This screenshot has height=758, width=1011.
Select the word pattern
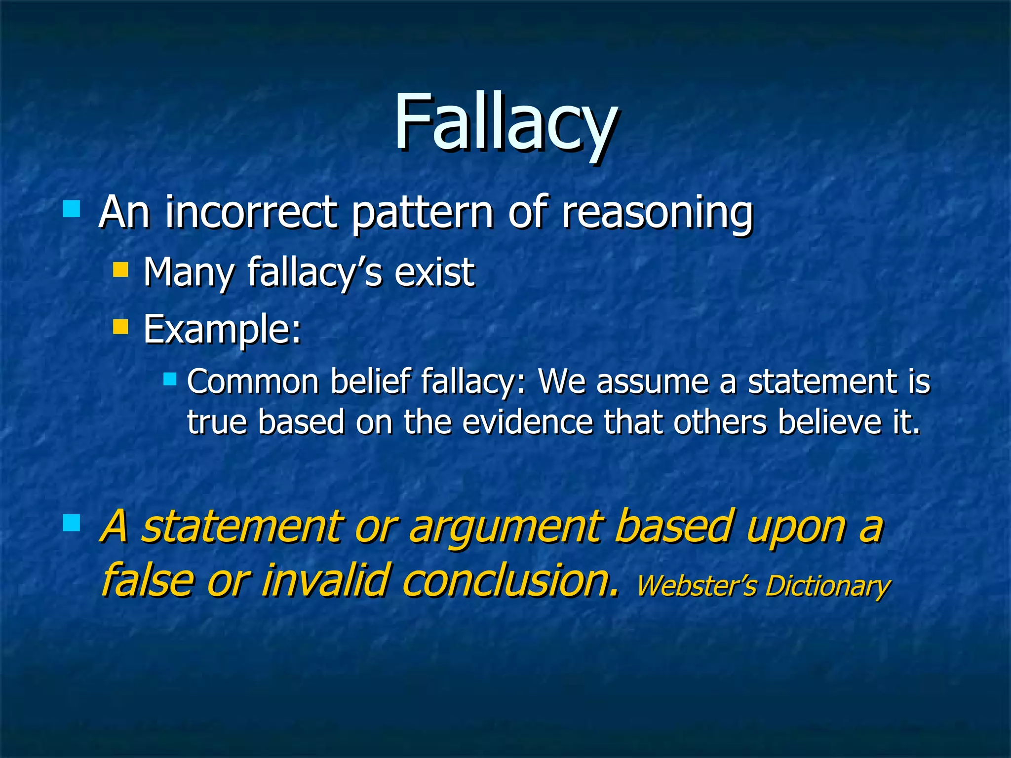coord(422,213)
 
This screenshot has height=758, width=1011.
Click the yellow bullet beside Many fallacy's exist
coord(120,270)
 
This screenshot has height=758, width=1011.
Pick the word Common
coord(253,382)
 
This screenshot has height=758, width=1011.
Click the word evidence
coord(527,422)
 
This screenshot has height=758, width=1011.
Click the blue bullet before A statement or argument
coord(72,523)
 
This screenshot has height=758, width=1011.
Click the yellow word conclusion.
coord(508,580)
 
